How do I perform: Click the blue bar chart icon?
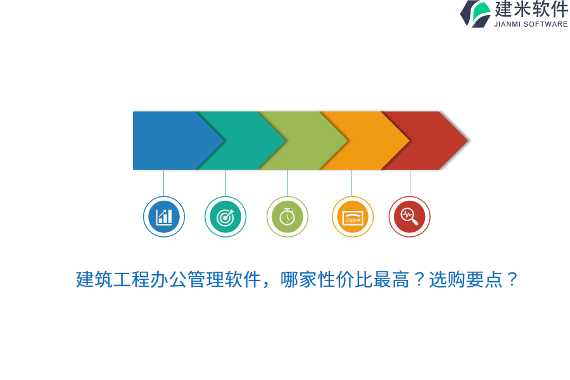(164, 217)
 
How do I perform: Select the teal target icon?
(225, 217)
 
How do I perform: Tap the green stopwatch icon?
(288, 217)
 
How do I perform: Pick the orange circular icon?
(353, 217)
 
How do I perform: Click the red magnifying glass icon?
(410, 217)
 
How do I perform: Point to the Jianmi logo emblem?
(476, 13)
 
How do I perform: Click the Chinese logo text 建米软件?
(531, 9)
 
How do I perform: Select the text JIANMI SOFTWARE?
(531, 25)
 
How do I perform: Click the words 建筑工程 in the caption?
(113, 279)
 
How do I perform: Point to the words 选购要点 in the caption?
(466, 279)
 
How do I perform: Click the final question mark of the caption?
(512, 279)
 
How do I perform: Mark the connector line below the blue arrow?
(164, 182)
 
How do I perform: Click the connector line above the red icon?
(410, 182)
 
